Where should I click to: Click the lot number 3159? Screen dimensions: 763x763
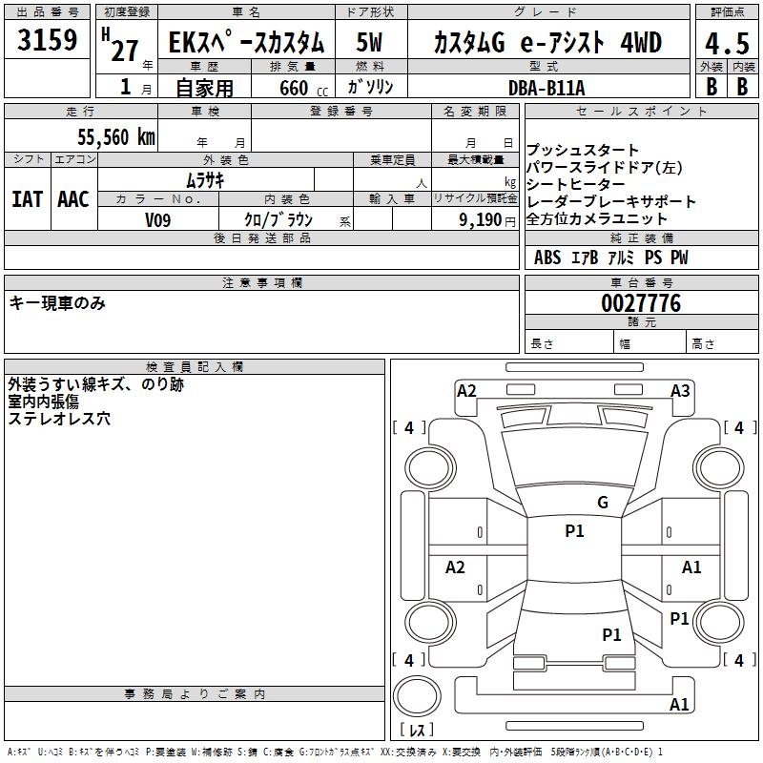click(x=48, y=41)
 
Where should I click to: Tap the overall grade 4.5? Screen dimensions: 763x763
click(x=725, y=44)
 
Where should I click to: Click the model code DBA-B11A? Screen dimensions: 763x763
click(x=546, y=87)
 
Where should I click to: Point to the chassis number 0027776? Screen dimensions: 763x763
click(x=641, y=304)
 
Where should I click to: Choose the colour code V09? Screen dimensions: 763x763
click(x=158, y=219)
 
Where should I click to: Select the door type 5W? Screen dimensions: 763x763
click(x=370, y=43)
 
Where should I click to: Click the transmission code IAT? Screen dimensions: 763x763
click(x=27, y=199)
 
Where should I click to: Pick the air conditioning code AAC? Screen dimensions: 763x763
click(x=73, y=199)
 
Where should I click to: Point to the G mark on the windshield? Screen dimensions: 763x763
click(x=602, y=502)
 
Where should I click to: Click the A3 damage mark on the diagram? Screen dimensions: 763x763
click(x=680, y=391)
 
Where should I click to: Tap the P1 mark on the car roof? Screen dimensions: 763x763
click(x=574, y=531)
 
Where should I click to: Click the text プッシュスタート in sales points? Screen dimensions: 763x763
click(x=583, y=151)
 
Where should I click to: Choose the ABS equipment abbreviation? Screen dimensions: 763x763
click(x=547, y=258)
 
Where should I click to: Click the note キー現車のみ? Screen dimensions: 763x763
click(x=57, y=303)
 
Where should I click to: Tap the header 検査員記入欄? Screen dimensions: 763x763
click(x=195, y=366)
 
